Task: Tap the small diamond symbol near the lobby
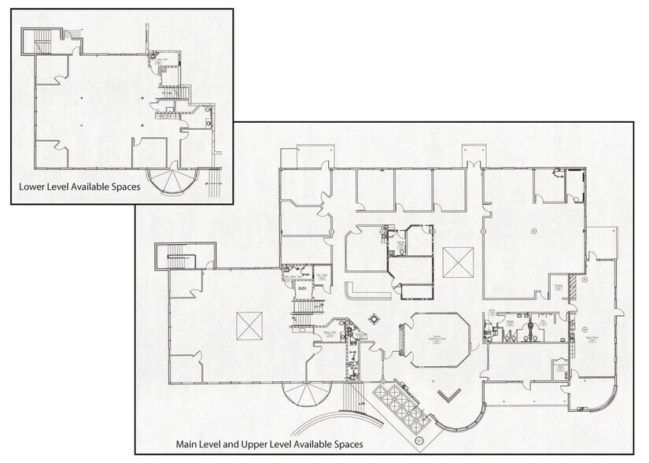(374, 320)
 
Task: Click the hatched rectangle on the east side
(584, 280)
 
